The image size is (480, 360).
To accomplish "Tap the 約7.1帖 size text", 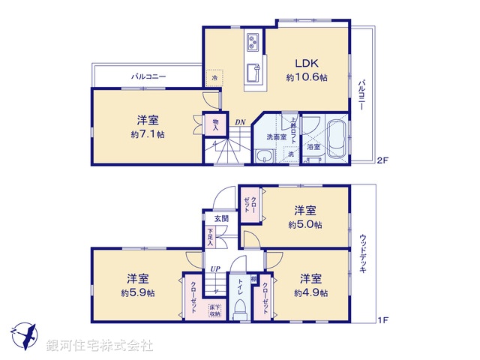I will click(x=146, y=134).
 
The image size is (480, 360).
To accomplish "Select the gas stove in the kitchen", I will click(x=252, y=41).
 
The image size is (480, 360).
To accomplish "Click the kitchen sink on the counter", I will click(x=253, y=75).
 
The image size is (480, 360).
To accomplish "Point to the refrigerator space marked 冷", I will click(x=214, y=76).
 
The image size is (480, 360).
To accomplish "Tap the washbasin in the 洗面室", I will click(x=264, y=155).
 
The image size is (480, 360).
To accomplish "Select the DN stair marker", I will click(x=239, y=123).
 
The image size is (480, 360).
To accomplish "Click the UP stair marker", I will click(x=215, y=268).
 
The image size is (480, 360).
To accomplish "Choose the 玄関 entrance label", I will click(x=221, y=219).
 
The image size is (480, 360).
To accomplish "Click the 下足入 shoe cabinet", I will click(x=211, y=237).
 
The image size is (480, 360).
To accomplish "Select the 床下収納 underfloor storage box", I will click(x=214, y=310).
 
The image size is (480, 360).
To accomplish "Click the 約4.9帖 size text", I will click(x=310, y=293).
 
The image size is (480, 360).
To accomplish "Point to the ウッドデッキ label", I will click(x=363, y=255).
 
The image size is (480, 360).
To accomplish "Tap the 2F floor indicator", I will click(x=382, y=160).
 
